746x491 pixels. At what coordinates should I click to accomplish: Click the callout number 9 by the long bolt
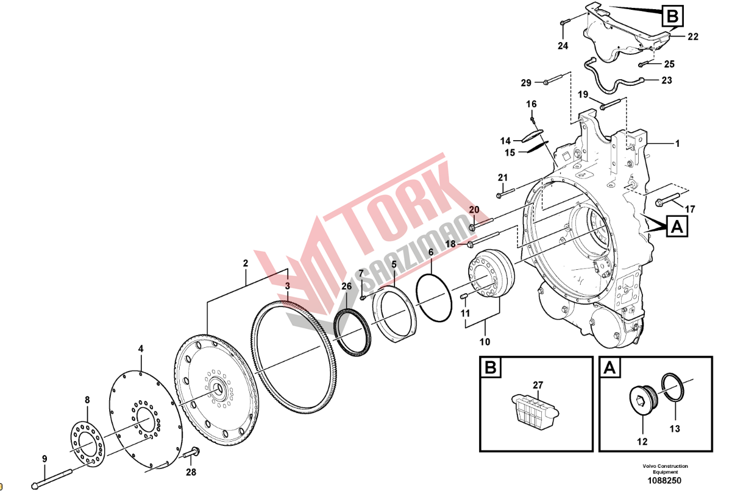click(44, 459)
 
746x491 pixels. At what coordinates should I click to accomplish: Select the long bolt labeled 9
click(52, 479)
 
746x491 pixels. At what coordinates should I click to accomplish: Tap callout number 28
click(191, 472)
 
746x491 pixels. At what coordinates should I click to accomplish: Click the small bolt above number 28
click(192, 453)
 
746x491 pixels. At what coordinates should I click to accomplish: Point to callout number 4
click(141, 349)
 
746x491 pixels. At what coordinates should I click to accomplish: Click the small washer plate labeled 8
click(87, 443)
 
